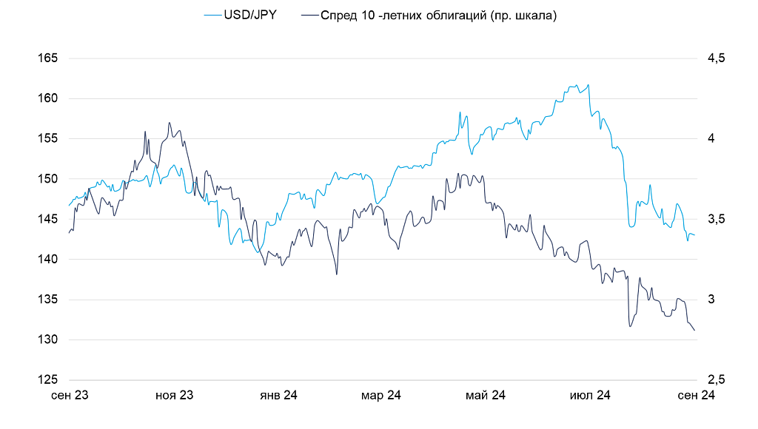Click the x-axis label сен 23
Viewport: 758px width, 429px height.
pos(70,396)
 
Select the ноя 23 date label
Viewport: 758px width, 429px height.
pos(174,396)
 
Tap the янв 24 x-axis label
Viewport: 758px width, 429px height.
pos(278,396)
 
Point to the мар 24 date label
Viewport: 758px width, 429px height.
pos(381,396)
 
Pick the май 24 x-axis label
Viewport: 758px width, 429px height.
pos(486,396)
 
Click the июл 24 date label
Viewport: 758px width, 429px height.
pos(590,396)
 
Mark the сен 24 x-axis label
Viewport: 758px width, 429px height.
pos(696,396)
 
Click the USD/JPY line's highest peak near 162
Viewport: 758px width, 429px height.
pos(588,84)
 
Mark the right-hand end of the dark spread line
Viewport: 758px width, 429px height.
pos(694,331)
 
